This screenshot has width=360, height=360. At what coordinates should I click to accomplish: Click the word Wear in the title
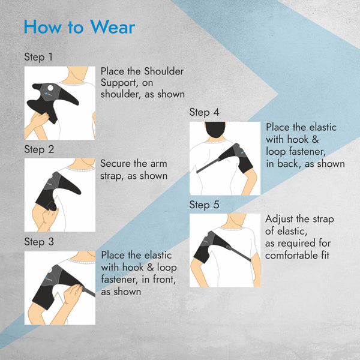[x=112, y=27]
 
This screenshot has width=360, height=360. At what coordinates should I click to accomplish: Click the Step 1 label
[x=38, y=57]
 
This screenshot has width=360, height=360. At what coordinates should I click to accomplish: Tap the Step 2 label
[x=39, y=149]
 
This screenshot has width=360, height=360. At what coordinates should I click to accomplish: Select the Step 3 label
[x=39, y=242]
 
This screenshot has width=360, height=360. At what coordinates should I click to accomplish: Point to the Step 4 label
[x=204, y=113]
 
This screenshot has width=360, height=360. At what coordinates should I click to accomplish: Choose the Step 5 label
[x=204, y=205]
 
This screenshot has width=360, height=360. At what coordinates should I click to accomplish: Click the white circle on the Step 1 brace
[x=50, y=88]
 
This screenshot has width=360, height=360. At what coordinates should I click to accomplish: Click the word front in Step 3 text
[x=164, y=280]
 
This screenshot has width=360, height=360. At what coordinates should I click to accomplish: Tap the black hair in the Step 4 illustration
[x=215, y=129]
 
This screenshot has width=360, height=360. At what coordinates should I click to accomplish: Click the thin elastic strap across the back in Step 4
[x=207, y=166]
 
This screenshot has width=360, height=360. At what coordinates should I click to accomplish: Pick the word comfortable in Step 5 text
[x=290, y=256]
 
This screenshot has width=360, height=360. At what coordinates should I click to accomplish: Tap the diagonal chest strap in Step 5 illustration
[x=239, y=254]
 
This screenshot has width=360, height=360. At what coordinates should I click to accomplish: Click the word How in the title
[x=43, y=27]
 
